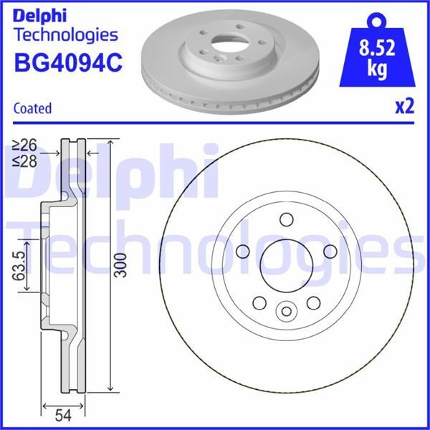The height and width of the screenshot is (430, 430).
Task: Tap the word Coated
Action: coord(32,108)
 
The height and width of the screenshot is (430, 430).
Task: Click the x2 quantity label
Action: coord(404,107)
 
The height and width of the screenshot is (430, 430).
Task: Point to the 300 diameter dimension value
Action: coord(120,265)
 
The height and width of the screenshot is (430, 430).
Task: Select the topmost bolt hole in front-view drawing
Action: coord(287,219)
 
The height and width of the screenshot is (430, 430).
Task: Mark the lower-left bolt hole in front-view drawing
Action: coord(260,302)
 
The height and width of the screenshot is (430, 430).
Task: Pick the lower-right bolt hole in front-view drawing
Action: coord(312,302)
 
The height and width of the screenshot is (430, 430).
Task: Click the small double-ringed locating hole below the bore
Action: coord(287,310)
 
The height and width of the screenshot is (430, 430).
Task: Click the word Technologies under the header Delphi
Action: coord(65,34)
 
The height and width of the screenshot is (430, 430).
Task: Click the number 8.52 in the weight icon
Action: coord(379,51)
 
